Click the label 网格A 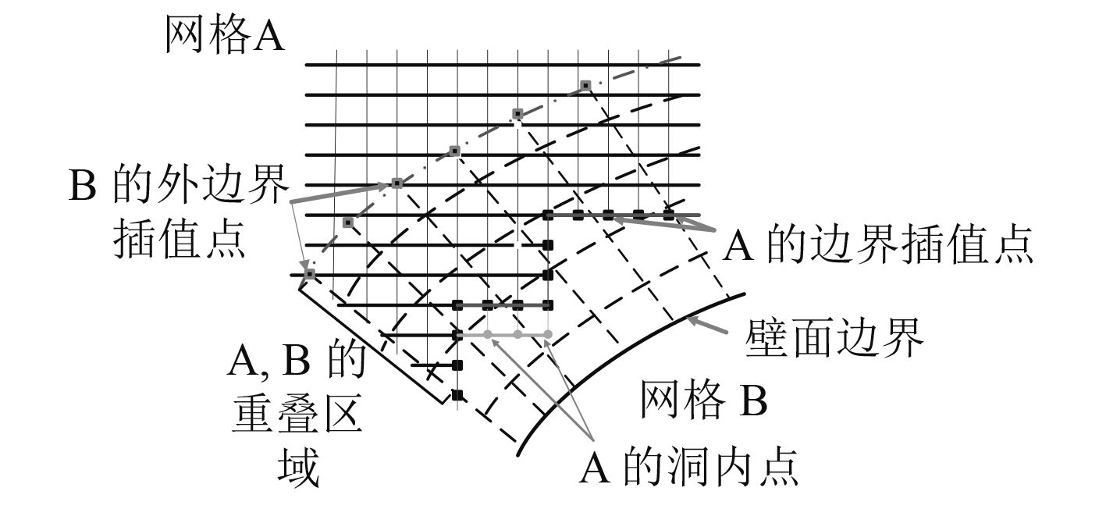[224, 35]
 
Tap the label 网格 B [704, 400]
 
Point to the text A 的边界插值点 [879, 246]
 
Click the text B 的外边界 [179, 189]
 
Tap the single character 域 [298, 468]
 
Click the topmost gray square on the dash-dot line [585, 85]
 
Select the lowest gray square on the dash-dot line [310, 274]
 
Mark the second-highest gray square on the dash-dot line [517, 115]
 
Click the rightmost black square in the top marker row [668, 214]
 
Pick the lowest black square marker [457, 394]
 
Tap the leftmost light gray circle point [487, 335]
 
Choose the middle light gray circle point [517, 335]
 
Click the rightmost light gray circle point [547, 335]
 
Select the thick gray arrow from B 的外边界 [343, 191]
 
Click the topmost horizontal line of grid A [500, 65]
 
